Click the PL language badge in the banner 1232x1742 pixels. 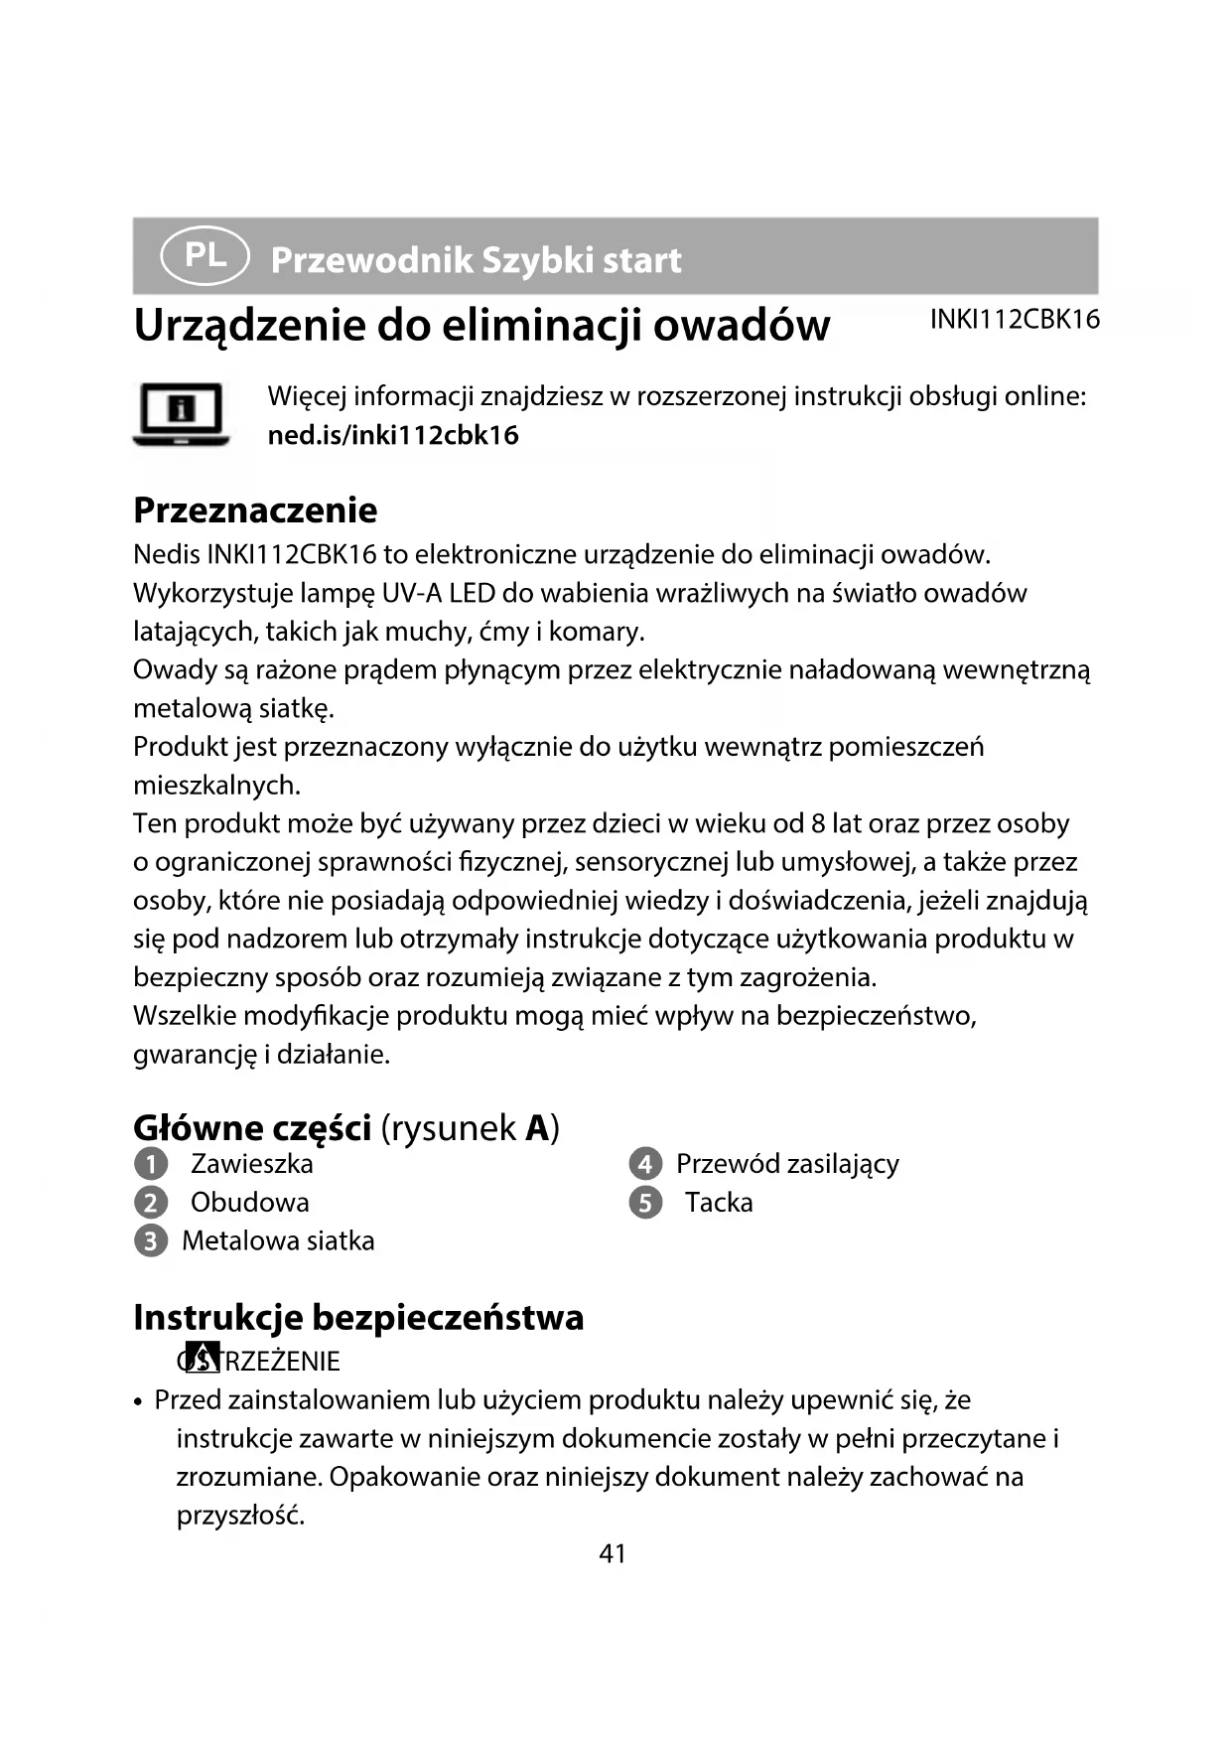[x=205, y=256]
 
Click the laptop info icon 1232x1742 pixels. [x=181, y=413]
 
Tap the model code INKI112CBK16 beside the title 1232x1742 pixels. [x=1014, y=319]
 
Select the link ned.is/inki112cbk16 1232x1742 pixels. [x=393, y=435]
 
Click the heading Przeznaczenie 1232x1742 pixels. [x=255, y=509]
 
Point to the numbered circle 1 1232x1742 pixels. [x=150, y=1164]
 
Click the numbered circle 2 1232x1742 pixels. [x=150, y=1203]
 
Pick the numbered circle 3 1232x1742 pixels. [x=150, y=1241]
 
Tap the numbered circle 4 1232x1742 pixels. [x=645, y=1164]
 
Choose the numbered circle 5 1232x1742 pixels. [x=645, y=1203]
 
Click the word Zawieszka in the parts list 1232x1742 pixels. [x=251, y=1163]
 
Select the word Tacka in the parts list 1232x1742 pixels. [x=719, y=1202]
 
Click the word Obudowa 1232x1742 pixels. [x=249, y=1202]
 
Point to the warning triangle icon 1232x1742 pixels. [x=204, y=1358]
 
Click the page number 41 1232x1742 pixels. [x=613, y=1553]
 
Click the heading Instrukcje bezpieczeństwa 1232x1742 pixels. [x=358, y=1317]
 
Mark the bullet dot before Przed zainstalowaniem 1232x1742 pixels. [x=140, y=1402]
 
